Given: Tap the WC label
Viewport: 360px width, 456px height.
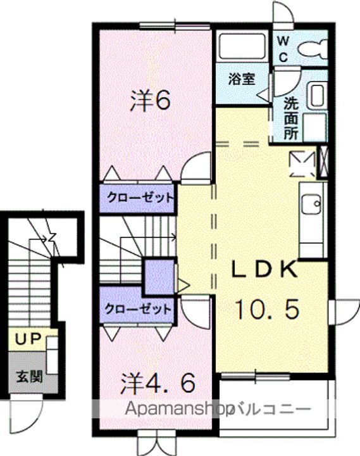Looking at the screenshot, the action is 283,49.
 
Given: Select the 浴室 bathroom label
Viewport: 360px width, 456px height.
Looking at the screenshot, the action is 242,79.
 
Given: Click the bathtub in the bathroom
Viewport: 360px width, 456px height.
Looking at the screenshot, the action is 242,47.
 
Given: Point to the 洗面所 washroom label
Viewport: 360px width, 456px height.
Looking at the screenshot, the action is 291,118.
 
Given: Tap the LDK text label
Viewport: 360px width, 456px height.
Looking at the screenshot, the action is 264,270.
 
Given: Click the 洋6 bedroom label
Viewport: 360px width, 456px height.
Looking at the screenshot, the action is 150,100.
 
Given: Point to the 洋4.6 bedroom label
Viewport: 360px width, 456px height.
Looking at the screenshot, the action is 157,383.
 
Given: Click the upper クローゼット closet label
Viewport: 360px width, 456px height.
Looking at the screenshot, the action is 140,198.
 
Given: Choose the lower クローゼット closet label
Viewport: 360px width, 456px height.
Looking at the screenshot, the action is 138,309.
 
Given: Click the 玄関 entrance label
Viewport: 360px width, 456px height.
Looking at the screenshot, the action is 30,377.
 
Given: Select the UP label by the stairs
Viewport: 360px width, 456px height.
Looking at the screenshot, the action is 28,339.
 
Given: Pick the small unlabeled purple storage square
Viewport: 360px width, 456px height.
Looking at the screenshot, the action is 159,277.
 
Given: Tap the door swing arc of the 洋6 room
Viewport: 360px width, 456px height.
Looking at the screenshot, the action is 196,167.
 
